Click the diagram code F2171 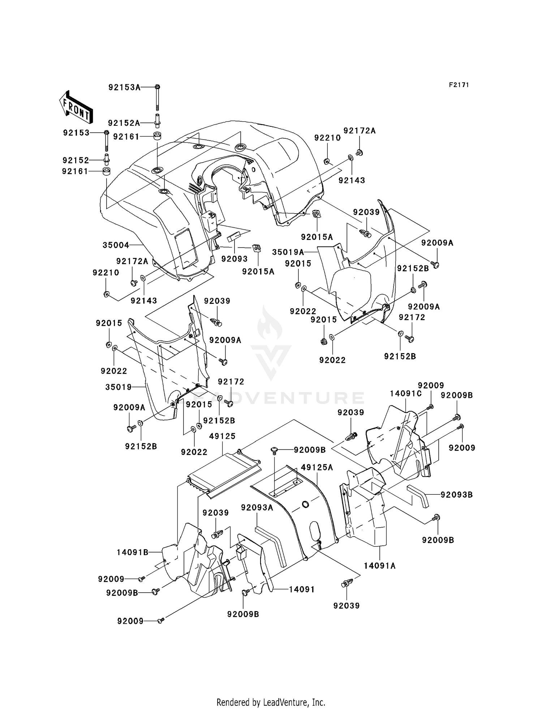tap(459, 85)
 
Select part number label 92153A tap(124, 87)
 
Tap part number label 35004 tap(116, 245)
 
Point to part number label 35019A tap(288, 252)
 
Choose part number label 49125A tap(317, 468)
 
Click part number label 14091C tap(406, 394)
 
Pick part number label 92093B tap(457, 495)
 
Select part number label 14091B tap(133, 552)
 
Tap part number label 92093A tap(257, 508)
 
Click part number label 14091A tap(380, 566)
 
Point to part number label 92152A tap(124, 123)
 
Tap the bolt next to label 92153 tap(107, 141)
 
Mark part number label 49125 tap(222, 436)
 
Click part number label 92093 tap(235, 259)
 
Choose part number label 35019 tap(119, 387)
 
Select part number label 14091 tap(302, 589)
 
